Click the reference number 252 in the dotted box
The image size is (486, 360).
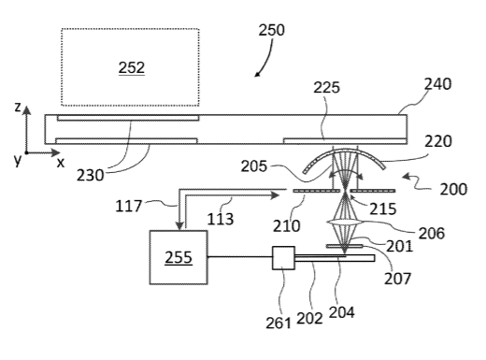pos(132,67)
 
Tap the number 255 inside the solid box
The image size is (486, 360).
pos(179,257)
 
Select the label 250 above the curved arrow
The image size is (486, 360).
pos(272,30)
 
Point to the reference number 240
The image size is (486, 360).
pos(437,84)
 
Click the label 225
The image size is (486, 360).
pos(326,88)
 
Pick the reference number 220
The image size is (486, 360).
pos(438,141)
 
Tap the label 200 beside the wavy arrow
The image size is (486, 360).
pos(453,189)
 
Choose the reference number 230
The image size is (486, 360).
pos(91,175)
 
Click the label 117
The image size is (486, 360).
pos(128,206)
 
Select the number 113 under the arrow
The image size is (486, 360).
pos(221,219)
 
